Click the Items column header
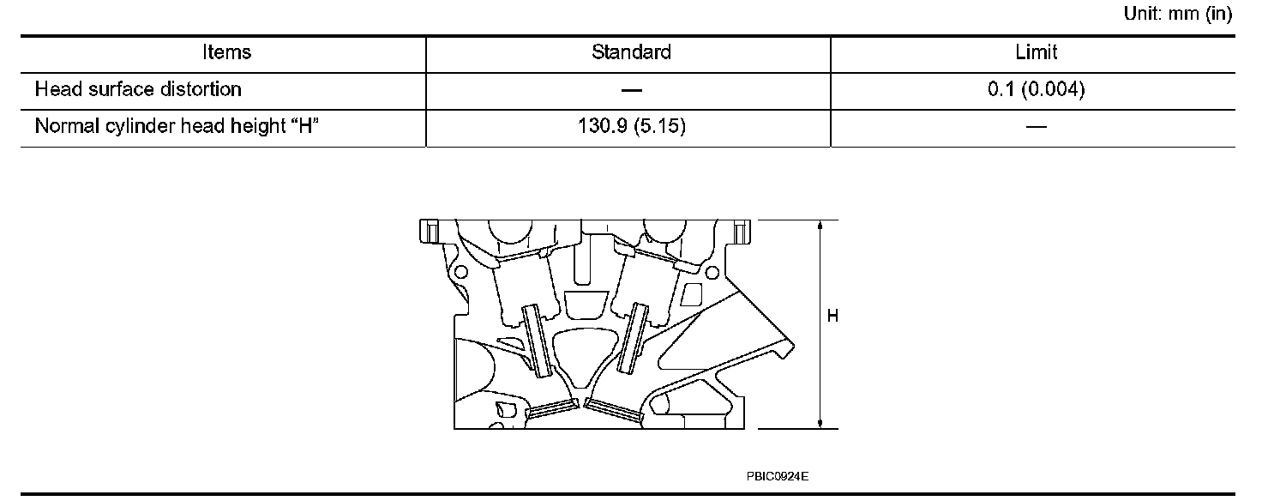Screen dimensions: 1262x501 227,53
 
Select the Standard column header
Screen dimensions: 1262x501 631,53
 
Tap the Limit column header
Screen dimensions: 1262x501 1036,53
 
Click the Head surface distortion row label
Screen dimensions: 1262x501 138,89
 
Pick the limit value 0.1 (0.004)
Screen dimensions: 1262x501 1036,89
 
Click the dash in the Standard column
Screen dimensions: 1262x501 631,90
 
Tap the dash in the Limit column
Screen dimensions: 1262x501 1036,128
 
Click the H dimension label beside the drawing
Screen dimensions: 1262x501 832,317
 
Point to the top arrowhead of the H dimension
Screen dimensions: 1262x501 821,226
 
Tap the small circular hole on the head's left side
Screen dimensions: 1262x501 461,273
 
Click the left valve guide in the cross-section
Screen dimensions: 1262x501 537,341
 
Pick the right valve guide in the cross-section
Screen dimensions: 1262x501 635,338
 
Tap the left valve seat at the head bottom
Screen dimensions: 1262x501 550,411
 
